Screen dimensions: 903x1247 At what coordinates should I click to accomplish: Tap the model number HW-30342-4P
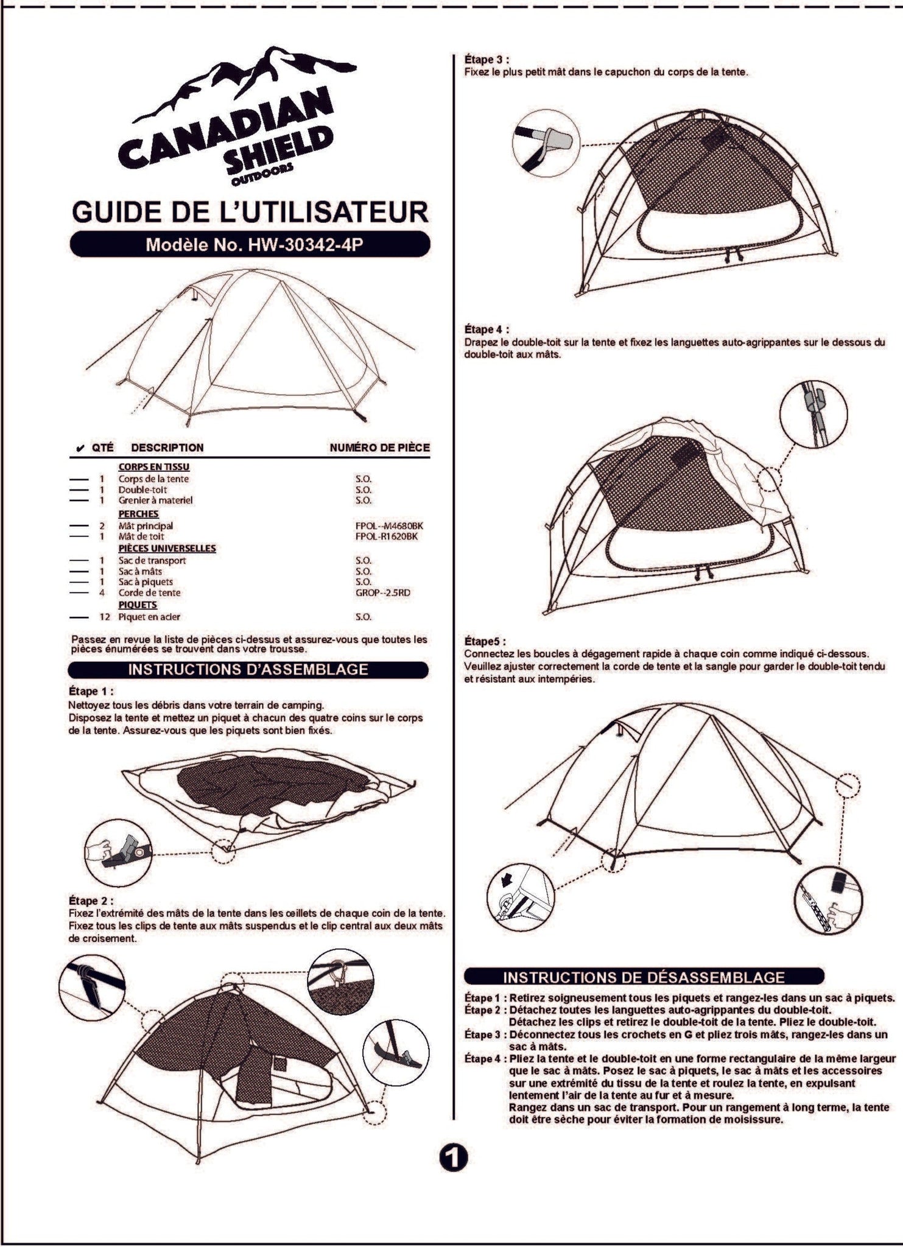[x=307, y=245]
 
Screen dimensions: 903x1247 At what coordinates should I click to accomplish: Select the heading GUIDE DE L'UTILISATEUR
[x=250, y=212]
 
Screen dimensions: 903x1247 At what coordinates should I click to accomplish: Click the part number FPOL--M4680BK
[x=389, y=525]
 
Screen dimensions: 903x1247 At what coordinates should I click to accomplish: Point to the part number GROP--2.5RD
[x=383, y=592]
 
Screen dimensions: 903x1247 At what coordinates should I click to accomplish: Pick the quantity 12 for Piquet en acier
[x=105, y=617]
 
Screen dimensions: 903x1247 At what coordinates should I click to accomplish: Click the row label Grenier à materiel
[x=155, y=501]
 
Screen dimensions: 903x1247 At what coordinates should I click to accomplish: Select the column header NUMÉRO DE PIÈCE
[x=380, y=448]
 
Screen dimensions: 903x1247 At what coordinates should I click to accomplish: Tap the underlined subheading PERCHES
[x=138, y=514]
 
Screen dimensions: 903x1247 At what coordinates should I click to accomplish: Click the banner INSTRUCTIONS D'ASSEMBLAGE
[x=248, y=670]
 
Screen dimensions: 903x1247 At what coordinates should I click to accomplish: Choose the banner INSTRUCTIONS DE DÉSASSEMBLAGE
[x=644, y=977]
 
